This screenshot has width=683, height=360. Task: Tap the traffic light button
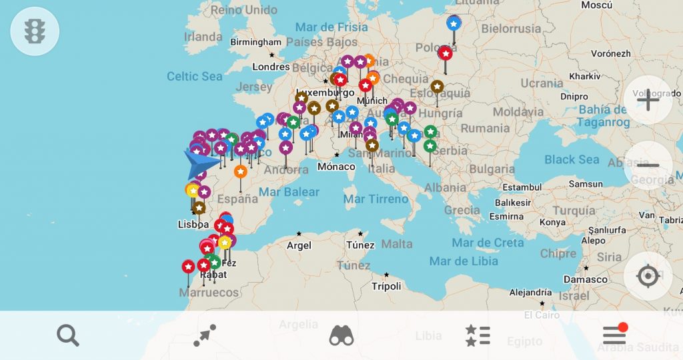click(x=35, y=31)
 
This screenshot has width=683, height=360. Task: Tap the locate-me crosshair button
click(x=647, y=276)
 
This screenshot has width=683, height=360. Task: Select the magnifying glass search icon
click(x=68, y=335)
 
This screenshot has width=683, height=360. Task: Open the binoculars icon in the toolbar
click(x=341, y=335)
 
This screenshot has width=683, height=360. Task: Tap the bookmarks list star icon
click(x=478, y=335)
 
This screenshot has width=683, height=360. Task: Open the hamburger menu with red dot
click(x=614, y=335)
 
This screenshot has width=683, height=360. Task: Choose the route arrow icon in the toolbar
click(x=205, y=335)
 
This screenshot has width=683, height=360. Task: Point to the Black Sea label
click(x=572, y=159)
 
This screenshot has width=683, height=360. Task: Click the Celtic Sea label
click(x=194, y=76)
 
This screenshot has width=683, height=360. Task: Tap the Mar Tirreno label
click(x=376, y=199)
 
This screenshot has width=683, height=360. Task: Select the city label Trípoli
click(x=386, y=286)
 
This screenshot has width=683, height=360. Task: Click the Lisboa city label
click(x=193, y=224)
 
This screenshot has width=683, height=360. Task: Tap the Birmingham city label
click(x=256, y=42)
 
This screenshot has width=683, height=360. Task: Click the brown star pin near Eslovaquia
click(x=437, y=87)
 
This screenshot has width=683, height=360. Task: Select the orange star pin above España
click(x=241, y=171)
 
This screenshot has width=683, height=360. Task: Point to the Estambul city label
click(x=522, y=187)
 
